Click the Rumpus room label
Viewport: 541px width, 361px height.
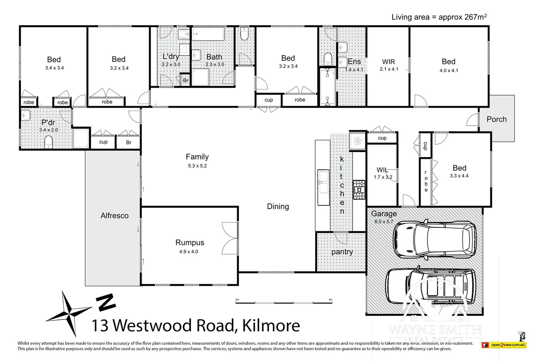[190, 243]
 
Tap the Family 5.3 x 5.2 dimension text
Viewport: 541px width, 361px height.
[197, 166]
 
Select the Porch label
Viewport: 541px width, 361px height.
[496, 119]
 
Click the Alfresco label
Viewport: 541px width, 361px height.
[115, 216]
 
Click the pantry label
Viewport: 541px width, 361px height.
[342, 252]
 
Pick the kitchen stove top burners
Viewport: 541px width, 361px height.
[359, 190]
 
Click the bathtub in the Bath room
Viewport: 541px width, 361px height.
[208, 34]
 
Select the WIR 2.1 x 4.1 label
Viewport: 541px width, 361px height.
[389, 65]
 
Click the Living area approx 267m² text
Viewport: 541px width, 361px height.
[439, 17]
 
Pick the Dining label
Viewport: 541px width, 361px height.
[278, 207]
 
